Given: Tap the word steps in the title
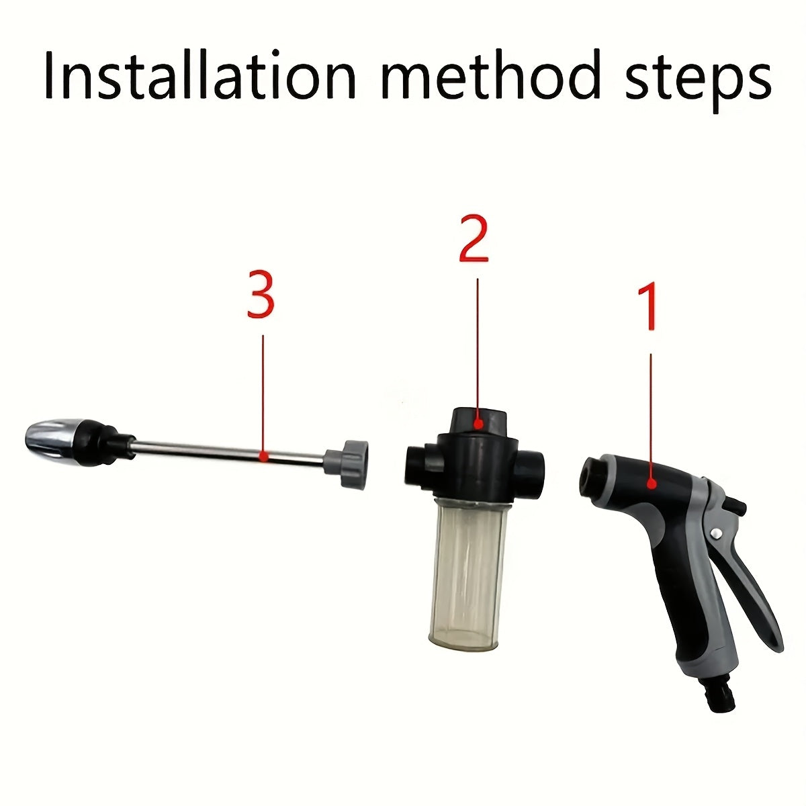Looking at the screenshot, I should (x=699, y=81).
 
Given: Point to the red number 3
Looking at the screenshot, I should (x=261, y=295).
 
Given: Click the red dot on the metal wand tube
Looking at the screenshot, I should (x=264, y=456).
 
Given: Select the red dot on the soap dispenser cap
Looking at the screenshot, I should (x=478, y=423).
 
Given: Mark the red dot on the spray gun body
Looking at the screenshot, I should (x=651, y=482).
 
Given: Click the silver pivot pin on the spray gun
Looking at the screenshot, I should (x=717, y=533).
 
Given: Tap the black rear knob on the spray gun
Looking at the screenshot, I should (x=739, y=505).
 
